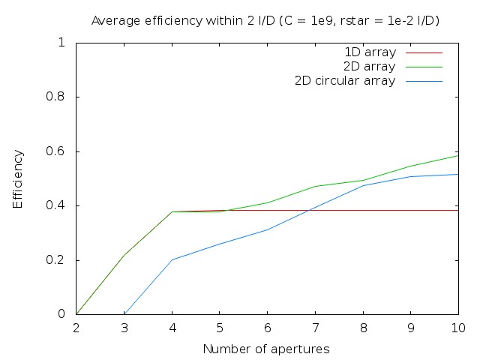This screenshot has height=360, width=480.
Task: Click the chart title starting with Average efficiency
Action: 265,20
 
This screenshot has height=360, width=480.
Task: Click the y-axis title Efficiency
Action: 18,178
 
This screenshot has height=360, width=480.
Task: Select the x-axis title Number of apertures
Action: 266,349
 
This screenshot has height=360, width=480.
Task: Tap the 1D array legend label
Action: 370,52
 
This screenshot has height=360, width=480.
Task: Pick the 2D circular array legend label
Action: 345,81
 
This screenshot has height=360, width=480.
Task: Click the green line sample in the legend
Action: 424,67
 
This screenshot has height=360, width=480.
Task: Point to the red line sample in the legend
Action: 424,52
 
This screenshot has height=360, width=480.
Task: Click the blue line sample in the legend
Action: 424,81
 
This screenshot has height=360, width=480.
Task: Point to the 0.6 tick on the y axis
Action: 60,151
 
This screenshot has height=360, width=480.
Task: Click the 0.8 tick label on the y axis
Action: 60,97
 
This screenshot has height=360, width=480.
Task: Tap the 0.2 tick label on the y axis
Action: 60,260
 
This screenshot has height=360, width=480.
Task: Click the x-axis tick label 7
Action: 315,328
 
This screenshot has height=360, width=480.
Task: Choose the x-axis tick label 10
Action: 458,328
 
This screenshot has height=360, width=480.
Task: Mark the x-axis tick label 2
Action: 76,328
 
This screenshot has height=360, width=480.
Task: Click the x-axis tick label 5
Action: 220,328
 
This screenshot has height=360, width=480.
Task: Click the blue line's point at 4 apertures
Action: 172,260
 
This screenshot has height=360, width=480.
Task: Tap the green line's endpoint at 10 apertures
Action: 458,155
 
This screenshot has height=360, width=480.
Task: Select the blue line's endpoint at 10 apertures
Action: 458,174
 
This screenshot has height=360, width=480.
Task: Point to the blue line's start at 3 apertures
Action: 124,314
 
